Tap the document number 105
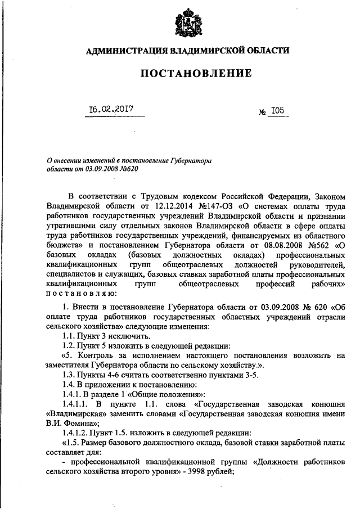click(276, 111)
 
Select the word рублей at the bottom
click(219, 472)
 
